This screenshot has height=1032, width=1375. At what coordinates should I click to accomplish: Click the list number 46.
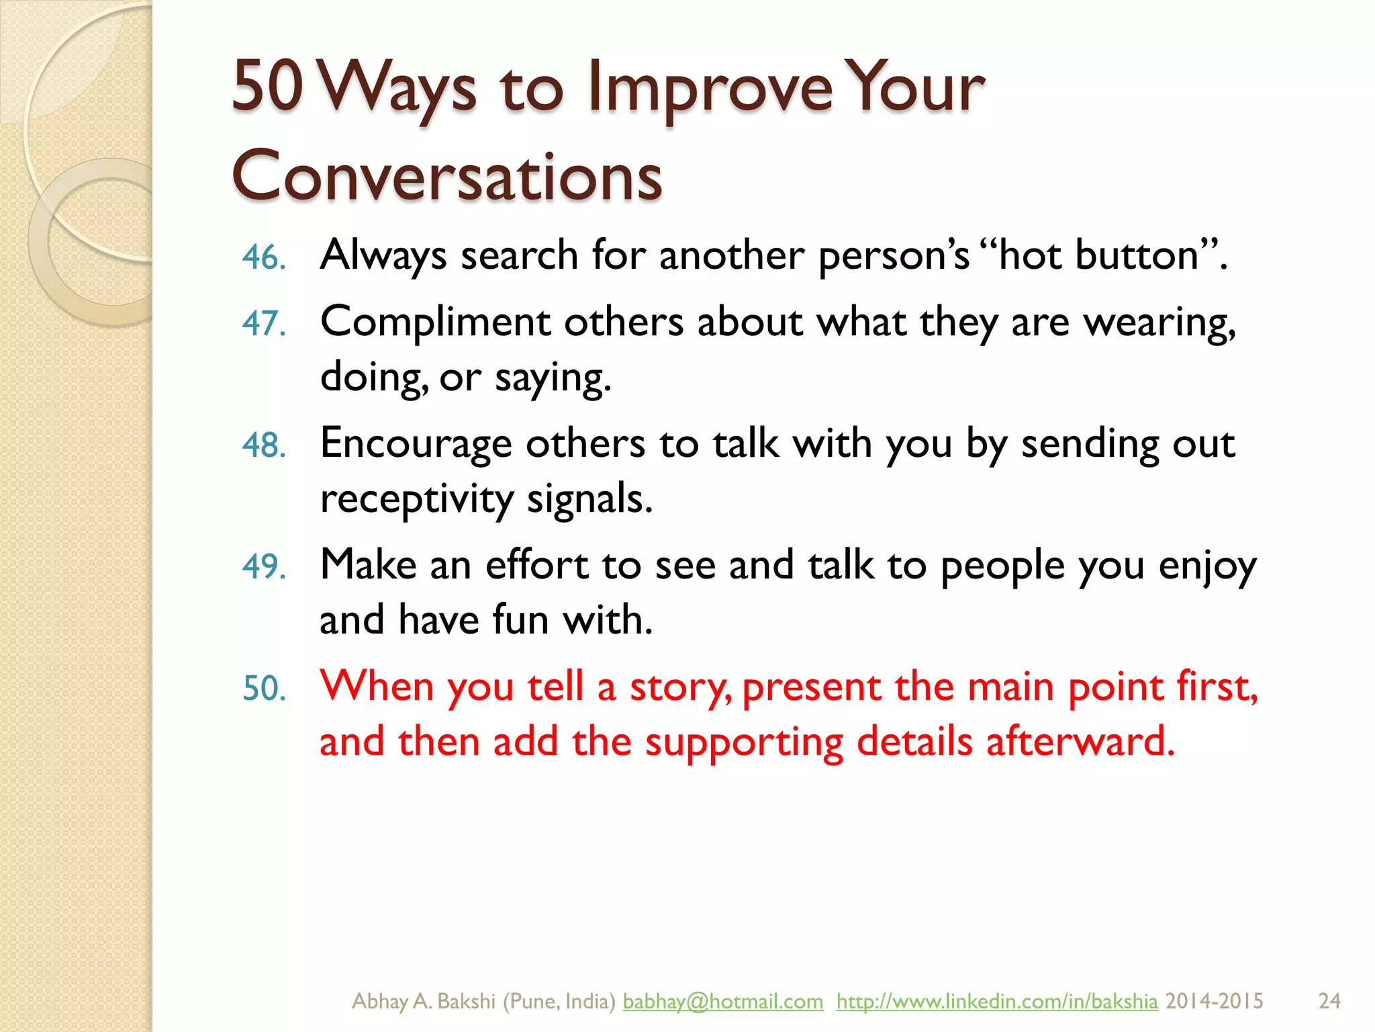tap(264, 258)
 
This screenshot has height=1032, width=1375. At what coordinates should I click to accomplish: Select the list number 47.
tap(264, 324)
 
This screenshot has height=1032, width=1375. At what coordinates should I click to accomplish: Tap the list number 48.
tap(264, 446)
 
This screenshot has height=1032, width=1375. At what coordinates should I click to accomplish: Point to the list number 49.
tap(264, 567)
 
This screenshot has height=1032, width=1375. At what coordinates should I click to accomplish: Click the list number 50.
tap(264, 689)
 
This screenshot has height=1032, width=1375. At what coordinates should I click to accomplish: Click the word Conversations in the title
tap(447, 176)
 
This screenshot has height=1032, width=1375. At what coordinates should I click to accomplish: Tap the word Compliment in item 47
tap(435, 322)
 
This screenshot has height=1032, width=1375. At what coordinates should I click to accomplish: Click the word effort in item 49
tap(536, 566)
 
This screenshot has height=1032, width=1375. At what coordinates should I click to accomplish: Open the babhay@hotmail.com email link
tap(722, 1001)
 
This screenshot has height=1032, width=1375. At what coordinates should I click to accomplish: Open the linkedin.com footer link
tap(996, 1001)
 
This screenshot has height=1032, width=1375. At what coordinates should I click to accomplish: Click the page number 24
tap(1329, 1001)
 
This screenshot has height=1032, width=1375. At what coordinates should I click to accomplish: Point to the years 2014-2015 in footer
tap(1214, 1001)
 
